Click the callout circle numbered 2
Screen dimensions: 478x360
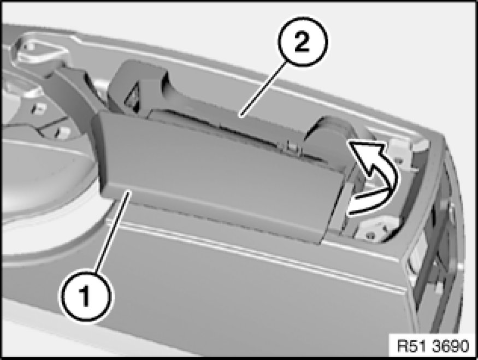[x=302, y=42]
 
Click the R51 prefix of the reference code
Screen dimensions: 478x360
[x=411, y=346]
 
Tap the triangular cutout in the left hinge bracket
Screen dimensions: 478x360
[x=132, y=97]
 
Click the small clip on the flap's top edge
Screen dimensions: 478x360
[x=291, y=147]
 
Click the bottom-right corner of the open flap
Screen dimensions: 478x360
[x=321, y=244]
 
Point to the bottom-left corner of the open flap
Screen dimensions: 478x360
[x=102, y=193]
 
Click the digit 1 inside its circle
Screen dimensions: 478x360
[x=84, y=296]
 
